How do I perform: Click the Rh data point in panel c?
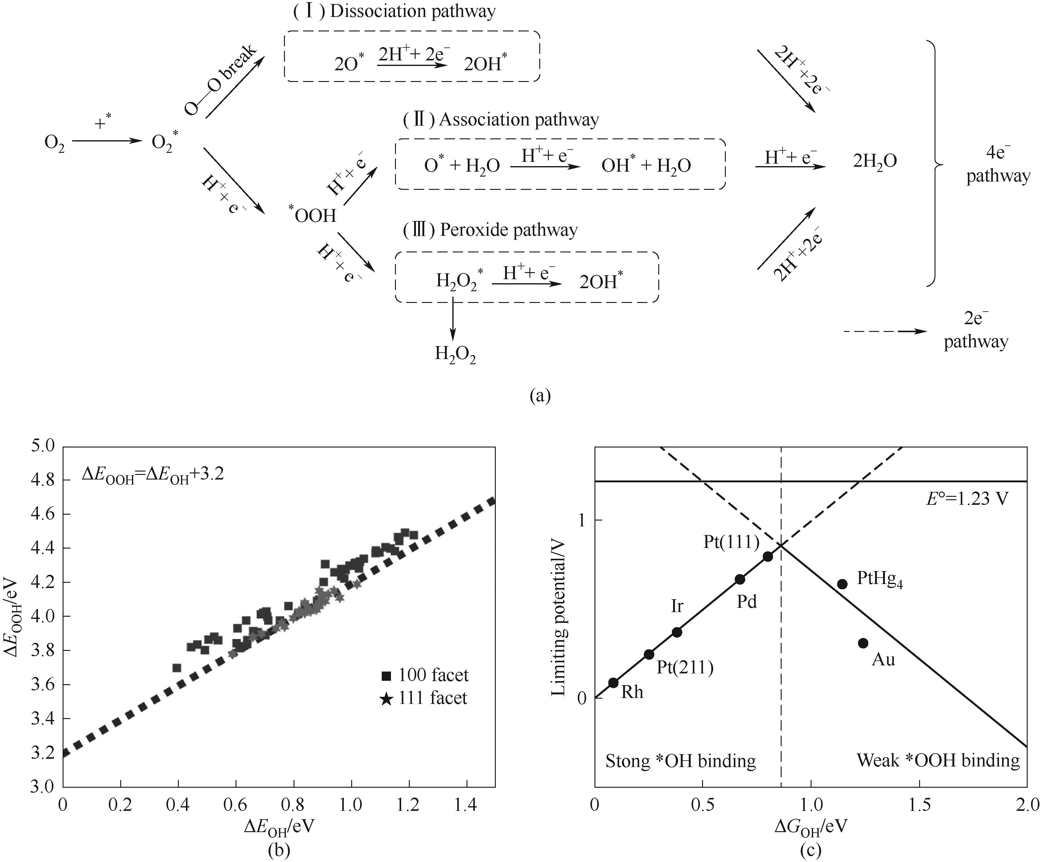[613, 682]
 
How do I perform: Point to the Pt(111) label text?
[731, 542]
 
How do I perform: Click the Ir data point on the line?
[677, 632]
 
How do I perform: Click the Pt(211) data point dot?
[649, 654]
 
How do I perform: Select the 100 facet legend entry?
[425, 675]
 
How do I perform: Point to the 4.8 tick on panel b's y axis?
[45, 480]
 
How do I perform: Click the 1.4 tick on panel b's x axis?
[466, 805]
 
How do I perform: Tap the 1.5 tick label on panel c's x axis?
[919, 805]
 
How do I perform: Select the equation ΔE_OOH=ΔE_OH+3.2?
[153, 474]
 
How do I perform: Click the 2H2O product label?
[875, 161]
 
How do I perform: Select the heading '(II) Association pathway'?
[501, 120]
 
